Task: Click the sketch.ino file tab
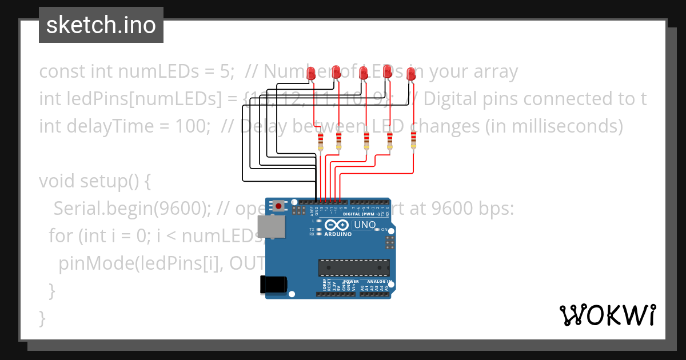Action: (x=101, y=25)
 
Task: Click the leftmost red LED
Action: (x=312, y=73)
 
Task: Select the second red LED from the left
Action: (x=336, y=71)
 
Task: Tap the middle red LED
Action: (x=363, y=73)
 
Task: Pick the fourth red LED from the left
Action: (x=387, y=71)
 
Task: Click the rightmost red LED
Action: (x=410, y=73)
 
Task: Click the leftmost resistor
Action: (x=320, y=142)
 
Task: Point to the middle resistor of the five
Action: (x=367, y=141)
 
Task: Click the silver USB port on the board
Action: (x=271, y=226)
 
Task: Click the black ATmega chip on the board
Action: (x=354, y=267)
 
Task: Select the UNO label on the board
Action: (x=364, y=225)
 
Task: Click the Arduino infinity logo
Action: (x=338, y=226)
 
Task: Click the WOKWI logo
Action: (x=608, y=315)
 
